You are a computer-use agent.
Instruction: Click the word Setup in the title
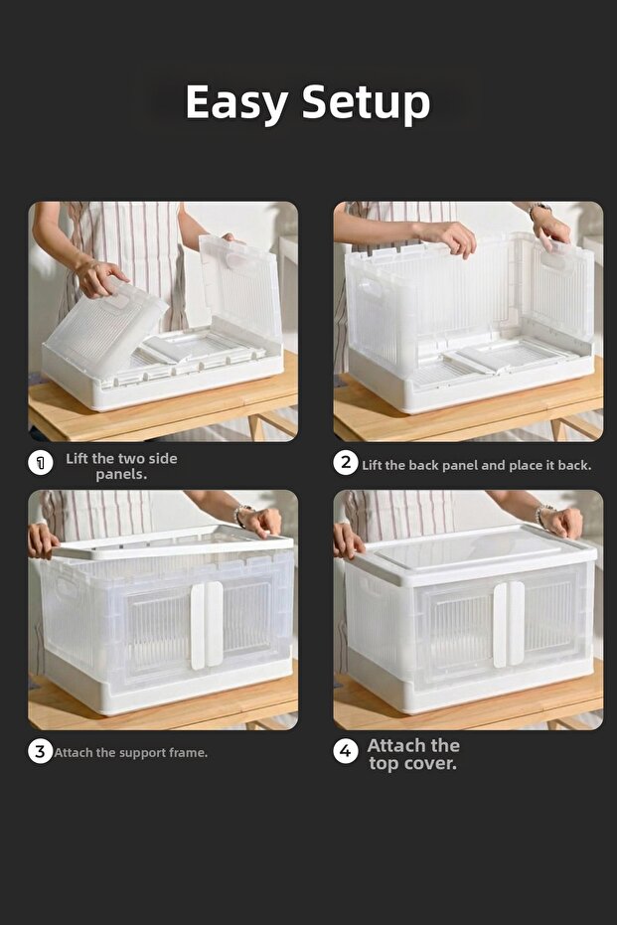[366, 103]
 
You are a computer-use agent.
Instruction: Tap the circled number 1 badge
[40, 463]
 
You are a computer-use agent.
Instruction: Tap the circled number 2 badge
[346, 463]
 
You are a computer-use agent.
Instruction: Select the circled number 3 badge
[40, 751]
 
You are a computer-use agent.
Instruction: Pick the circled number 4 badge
[346, 751]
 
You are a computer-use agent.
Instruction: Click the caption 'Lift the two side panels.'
[121, 466]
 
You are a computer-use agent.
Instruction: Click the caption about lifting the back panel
[477, 465]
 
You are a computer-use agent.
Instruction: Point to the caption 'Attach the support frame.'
[131, 753]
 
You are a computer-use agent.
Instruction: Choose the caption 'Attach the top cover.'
[413, 754]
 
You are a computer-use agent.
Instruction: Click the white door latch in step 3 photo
[207, 625]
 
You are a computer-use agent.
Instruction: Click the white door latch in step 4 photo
[509, 624]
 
